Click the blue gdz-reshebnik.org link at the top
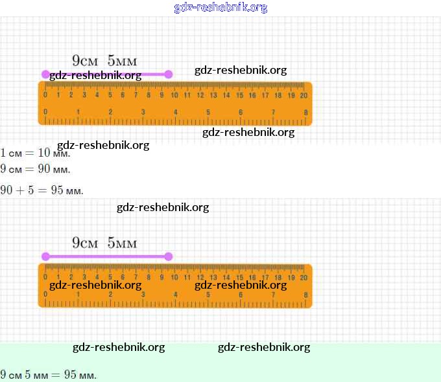pyautogui.click(x=220, y=8)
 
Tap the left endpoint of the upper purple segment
pyautogui.click(x=45, y=74)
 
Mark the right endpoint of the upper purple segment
pyautogui.click(x=169, y=74)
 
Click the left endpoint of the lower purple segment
pyautogui.click(x=45, y=256)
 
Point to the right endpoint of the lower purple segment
pyautogui.click(x=169, y=256)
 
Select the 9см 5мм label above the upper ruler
pyautogui.click(x=104, y=61)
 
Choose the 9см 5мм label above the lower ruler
pyautogui.click(x=104, y=243)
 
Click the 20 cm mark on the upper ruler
pyautogui.click(x=304, y=95)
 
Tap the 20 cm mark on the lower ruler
pyautogui.click(x=304, y=277)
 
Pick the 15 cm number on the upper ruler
pyautogui.click(x=239, y=95)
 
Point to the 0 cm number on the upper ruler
pyautogui.click(x=45, y=95)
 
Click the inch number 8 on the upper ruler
pyautogui.click(x=305, y=113)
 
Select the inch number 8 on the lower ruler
pyautogui.click(x=305, y=295)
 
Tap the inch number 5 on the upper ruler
pyautogui.click(x=208, y=113)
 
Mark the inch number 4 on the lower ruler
pyautogui.click(x=176, y=295)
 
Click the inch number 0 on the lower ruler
pyautogui.click(x=45, y=295)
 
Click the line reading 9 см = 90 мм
pyautogui.click(x=35, y=170)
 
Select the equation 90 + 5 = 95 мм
pyautogui.click(x=42, y=190)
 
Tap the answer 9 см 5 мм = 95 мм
pyautogui.click(x=48, y=375)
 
